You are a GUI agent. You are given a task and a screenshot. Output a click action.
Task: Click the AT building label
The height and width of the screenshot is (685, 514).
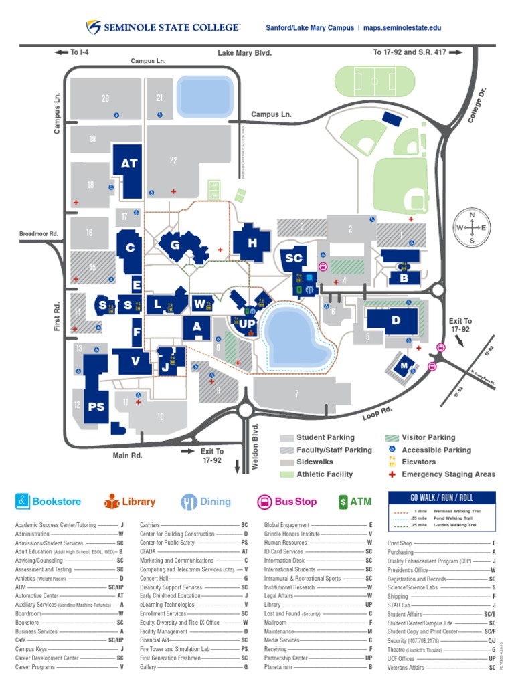(129, 164)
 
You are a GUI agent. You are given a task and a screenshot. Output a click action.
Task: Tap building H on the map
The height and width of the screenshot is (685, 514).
(252, 243)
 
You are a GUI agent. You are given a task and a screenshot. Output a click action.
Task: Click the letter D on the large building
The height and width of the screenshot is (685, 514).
(396, 321)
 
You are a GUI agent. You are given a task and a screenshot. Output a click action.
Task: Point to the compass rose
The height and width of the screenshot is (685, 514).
(471, 227)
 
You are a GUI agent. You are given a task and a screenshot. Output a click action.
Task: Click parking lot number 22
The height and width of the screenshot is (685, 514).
(173, 160)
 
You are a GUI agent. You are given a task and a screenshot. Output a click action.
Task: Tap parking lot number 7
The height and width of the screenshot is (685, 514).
(296, 393)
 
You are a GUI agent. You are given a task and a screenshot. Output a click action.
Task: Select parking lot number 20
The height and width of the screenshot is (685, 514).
(105, 98)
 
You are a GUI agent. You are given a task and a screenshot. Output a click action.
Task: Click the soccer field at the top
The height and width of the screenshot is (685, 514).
(367, 82)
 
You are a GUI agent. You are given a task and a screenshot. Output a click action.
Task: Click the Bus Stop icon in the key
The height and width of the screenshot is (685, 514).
(265, 501)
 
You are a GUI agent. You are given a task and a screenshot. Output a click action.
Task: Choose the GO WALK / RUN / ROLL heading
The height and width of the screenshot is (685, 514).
(442, 498)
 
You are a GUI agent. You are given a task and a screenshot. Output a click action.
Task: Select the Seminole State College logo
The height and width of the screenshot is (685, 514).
(163, 27)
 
